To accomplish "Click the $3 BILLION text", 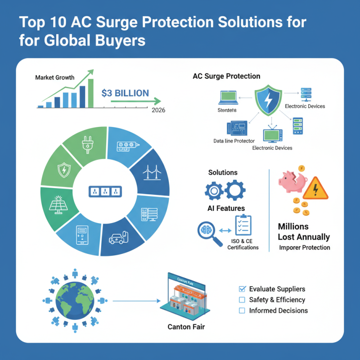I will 125,93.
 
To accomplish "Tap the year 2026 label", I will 158,110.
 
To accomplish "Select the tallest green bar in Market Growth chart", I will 90,94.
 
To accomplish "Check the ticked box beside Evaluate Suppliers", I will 242,289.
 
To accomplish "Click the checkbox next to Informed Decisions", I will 242,310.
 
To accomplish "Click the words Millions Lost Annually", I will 304,232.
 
